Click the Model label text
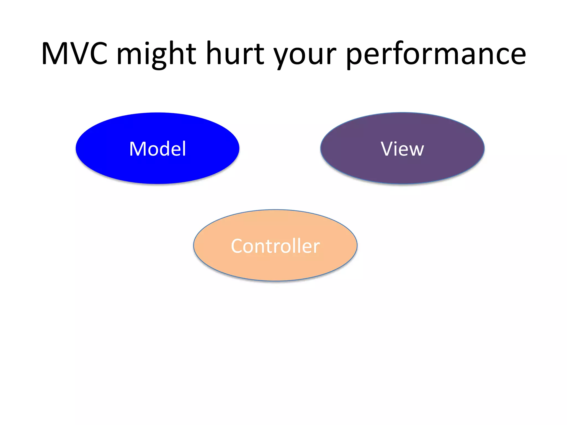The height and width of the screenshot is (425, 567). tap(158, 149)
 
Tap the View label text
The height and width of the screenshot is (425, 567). tap(402, 149)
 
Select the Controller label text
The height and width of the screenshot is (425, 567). tap(275, 246)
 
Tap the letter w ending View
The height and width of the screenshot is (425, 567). tap(416, 150)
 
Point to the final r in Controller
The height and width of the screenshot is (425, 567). tap(316, 247)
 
